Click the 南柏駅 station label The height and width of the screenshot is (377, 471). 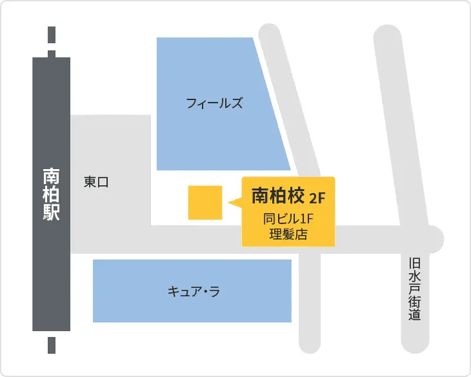pyautogui.click(x=51, y=194)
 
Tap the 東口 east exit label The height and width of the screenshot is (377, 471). pyautogui.click(x=96, y=183)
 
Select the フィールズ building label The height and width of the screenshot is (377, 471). pyautogui.click(x=214, y=103)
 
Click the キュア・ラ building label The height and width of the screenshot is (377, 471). pyautogui.click(x=194, y=292)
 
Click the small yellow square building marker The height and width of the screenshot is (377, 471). pyautogui.click(x=205, y=203)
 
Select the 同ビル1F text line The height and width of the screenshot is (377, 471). pyautogui.click(x=288, y=219)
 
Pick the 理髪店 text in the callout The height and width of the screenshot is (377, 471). pyautogui.click(x=288, y=234)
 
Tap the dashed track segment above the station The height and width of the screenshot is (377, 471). pyautogui.click(x=52, y=41)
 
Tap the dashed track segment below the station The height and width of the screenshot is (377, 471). pyautogui.click(x=52, y=343)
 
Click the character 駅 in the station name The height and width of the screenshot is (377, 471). pyautogui.click(x=51, y=212)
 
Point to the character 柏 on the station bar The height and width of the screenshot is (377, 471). pyautogui.click(x=51, y=194)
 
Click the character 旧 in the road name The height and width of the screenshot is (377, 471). pyautogui.click(x=414, y=263)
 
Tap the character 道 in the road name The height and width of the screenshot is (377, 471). pyautogui.click(x=414, y=316)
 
